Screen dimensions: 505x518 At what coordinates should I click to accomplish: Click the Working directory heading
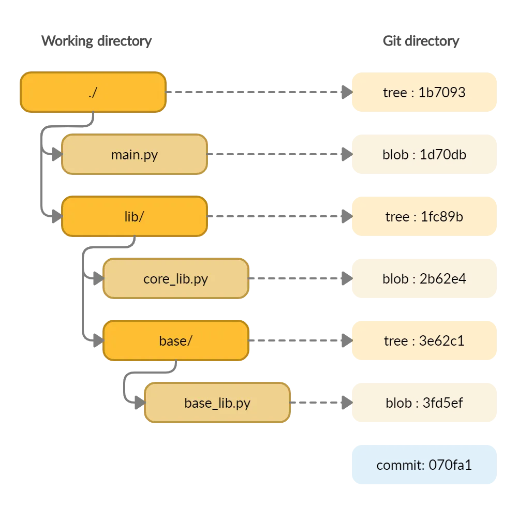97,41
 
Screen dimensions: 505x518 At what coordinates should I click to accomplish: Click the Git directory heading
421,41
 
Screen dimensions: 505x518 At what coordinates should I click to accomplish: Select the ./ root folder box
93,93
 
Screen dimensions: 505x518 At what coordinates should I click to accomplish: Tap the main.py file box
135,154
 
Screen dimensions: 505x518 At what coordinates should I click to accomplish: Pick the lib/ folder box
135,216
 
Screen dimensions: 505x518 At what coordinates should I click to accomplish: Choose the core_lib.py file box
176,279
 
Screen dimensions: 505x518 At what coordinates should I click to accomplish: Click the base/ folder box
176,341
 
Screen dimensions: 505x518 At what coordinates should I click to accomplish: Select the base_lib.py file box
217,403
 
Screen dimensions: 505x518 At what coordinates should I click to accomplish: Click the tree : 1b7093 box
424,92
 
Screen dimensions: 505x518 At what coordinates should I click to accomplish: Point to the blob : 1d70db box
424,154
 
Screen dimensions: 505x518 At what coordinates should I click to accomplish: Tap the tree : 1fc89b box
424,216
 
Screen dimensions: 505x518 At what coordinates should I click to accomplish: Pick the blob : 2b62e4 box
424,278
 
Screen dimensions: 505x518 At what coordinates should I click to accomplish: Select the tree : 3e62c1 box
424,340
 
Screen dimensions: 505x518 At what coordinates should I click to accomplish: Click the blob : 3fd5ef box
424,403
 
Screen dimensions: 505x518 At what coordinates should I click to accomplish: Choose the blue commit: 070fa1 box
424,465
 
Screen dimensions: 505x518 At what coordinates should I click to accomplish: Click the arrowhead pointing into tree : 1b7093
346,93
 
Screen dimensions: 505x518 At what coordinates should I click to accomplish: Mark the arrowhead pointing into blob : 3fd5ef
346,403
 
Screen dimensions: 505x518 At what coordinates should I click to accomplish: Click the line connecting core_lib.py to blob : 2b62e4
295,279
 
